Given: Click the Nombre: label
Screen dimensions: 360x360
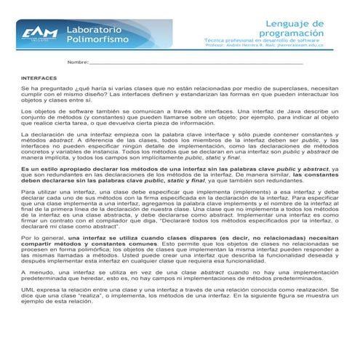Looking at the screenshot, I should pos(78,63).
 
